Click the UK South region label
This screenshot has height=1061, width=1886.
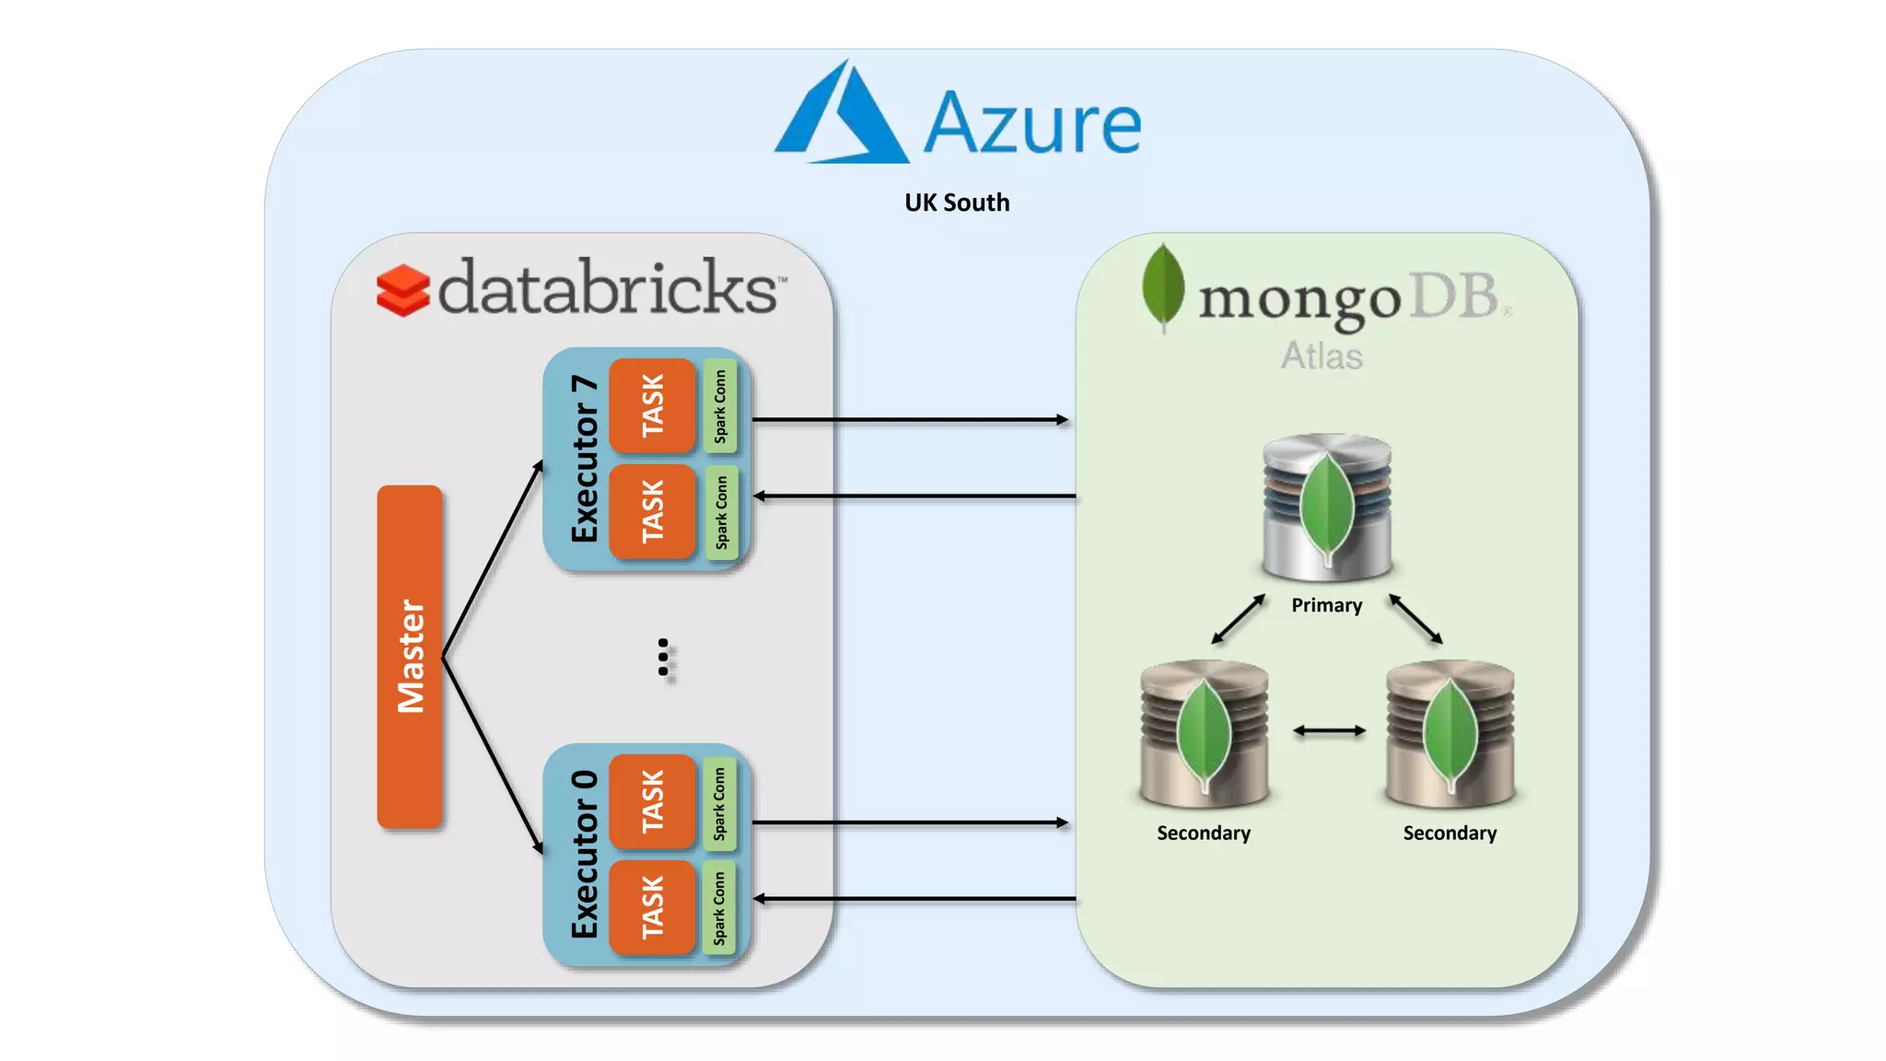tap(957, 203)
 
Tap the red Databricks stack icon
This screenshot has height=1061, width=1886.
tap(402, 290)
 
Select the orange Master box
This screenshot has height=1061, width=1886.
tap(410, 656)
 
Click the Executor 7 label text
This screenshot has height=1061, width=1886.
tap(585, 459)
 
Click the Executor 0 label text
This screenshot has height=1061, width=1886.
tap(585, 855)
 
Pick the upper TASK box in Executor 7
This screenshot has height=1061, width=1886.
tap(652, 405)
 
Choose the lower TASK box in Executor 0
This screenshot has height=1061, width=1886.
tap(652, 907)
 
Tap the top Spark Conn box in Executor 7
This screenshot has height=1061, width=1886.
tap(720, 405)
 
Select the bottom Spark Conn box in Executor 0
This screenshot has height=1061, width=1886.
tap(719, 908)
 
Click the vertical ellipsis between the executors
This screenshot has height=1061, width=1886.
tap(664, 659)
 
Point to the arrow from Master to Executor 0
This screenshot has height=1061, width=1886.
tap(493, 755)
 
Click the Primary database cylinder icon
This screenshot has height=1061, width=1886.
tap(1326, 507)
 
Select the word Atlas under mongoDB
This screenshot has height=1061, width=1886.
tap(1321, 356)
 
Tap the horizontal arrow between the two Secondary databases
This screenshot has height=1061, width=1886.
tap(1329, 731)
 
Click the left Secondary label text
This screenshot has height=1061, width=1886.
tap(1204, 833)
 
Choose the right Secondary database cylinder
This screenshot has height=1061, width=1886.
tap(1449, 732)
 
